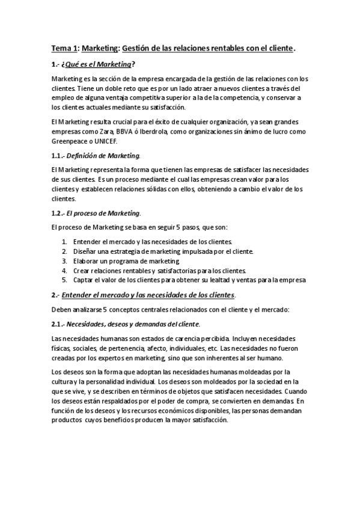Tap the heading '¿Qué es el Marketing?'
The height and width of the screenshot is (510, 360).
[x=95, y=64]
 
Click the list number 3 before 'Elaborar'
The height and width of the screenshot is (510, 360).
[x=64, y=261]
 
